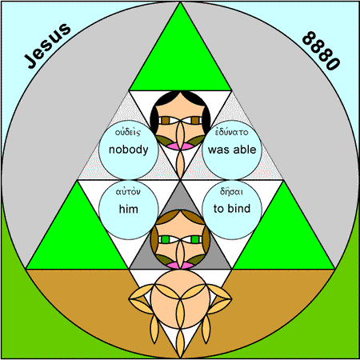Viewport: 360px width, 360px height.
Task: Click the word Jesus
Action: coord(48,46)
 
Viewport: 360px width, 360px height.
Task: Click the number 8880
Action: coord(321,51)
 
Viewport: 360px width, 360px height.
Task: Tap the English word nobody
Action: coord(129,150)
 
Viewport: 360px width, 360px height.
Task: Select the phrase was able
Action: coord(232,150)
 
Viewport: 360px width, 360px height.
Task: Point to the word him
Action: coord(129,209)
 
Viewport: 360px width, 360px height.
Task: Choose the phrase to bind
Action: coord(232,208)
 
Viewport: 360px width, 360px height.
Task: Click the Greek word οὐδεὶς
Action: coord(128,132)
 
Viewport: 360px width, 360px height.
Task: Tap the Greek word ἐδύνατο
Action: coord(231,132)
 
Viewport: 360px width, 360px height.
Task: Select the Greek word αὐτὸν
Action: coord(128,191)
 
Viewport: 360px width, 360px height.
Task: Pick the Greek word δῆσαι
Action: coord(231,191)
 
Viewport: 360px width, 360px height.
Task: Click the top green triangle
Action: coord(180,54)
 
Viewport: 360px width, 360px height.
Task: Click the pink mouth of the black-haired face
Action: coord(180,146)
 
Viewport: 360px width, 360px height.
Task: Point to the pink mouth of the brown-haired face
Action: coord(180,265)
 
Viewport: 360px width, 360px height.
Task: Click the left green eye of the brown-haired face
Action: coord(166,239)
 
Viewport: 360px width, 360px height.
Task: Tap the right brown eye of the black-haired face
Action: coord(195,121)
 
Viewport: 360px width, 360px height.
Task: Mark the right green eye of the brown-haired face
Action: coord(195,239)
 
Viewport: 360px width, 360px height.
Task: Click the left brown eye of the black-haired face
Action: coord(166,121)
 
